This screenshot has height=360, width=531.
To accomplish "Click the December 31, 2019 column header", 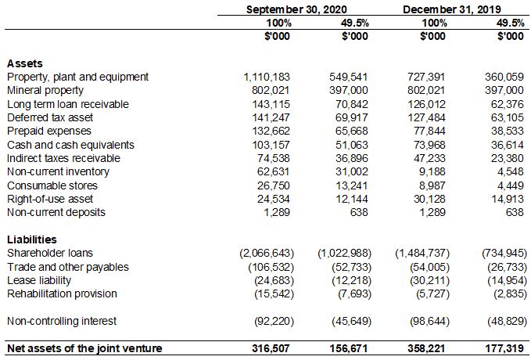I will [x=451, y=9].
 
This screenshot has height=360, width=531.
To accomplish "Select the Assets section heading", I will [x=24, y=63].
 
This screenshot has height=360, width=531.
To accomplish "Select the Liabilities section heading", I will [x=31, y=239].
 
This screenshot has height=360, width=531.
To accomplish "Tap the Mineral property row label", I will [x=45, y=91].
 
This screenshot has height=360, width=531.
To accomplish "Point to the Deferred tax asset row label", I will [x=49, y=117].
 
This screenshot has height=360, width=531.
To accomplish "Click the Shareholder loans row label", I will [x=49, y=253].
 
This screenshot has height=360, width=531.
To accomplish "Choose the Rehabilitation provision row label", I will [x=62, y=293].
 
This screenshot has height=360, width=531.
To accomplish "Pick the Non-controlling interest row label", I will [x=62, y=321].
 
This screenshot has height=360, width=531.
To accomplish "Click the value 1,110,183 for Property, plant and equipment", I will [x=267, y=77].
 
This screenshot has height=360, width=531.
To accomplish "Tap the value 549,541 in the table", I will [x=348, y=77].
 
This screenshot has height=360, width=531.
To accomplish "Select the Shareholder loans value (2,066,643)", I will [x=265, y=253].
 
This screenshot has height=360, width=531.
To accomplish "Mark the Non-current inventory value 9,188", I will [x=432, y=171].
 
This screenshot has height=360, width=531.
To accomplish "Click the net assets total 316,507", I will [x=271, y=348].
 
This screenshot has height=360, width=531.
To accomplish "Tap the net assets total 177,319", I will [x=505, y=348].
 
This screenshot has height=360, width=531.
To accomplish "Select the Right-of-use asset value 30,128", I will [x=430, y=199].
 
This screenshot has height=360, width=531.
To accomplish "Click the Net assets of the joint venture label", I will [x=84, y=348].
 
